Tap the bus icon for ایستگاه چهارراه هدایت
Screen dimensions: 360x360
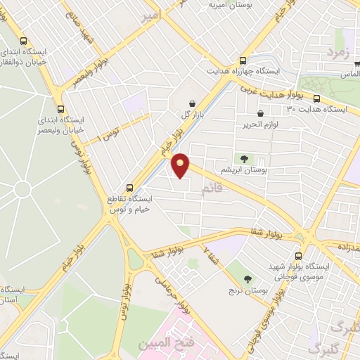[243, 60]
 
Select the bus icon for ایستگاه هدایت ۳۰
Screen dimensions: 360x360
[316, 98]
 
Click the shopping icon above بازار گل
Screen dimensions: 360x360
[192, 103]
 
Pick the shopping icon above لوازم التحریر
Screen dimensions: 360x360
[261, 112]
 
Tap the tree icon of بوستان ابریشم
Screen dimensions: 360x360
[243, 159]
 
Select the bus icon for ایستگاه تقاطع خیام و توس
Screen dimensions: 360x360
[129, 188]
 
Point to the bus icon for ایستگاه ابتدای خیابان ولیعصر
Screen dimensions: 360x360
[60, 109]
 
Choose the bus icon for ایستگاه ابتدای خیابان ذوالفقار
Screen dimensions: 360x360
[25, 41]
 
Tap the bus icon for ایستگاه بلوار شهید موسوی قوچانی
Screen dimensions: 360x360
[300, 256]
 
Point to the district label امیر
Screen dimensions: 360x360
[150, 15]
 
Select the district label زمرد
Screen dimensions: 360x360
[337, 53]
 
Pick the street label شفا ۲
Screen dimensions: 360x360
[210, 257]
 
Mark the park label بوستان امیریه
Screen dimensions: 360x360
[230, 5]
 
